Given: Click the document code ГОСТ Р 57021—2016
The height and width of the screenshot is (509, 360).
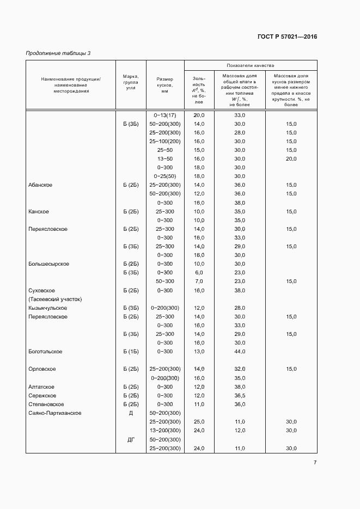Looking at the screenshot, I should click(x=286, y=37).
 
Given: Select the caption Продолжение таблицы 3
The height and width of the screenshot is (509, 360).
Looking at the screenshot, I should click(x=58, y=53).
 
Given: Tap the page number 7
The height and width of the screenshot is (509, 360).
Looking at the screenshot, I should click(x=315, y=463).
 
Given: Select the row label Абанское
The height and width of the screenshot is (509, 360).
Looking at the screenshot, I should click(x=40, y=185).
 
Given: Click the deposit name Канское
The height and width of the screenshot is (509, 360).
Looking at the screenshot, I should click(x=39, y=211).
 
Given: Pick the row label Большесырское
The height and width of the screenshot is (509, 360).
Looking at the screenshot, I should click(x=48, y=264).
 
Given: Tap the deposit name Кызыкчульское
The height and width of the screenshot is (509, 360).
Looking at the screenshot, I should click(x=48, y=308).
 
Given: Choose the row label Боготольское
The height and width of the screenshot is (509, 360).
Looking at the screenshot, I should click(x=45, y=352).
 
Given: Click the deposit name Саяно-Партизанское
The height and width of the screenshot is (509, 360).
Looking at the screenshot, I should click(x=55, y=413).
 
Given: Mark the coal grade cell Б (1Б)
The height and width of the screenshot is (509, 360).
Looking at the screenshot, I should click(x=131, y=352).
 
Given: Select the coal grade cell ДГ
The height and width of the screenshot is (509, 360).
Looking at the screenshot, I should click(x=131, y=439).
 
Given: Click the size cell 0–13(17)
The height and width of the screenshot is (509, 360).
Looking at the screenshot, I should click(x=165, y=115).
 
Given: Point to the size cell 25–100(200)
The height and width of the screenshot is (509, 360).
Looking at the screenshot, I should click(x=165, y=142).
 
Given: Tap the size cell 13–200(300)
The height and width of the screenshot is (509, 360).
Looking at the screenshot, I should click(x=165, y=431).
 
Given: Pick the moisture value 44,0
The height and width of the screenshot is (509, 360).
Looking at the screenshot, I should click(x=240, y=352).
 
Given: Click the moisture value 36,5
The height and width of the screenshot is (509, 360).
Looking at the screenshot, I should click(x=240, y=396).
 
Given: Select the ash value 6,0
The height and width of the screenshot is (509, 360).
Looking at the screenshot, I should click(x=199, y=273).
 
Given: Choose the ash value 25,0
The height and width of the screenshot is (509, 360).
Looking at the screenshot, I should click(x=199, y=422).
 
